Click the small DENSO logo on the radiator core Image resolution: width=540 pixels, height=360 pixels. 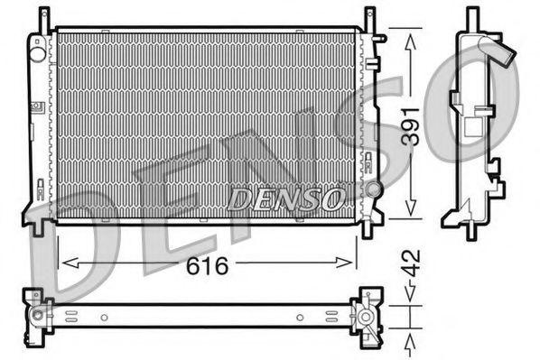click(x=284, y=196)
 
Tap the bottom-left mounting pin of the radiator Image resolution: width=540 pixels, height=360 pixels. click(x=39, y=228)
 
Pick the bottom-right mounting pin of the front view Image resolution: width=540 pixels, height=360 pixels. click(x=368, y=228)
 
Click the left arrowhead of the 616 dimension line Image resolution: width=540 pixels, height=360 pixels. click(x=63, y=263)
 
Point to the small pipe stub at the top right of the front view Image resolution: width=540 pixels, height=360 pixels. click(x=382, y=38)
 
